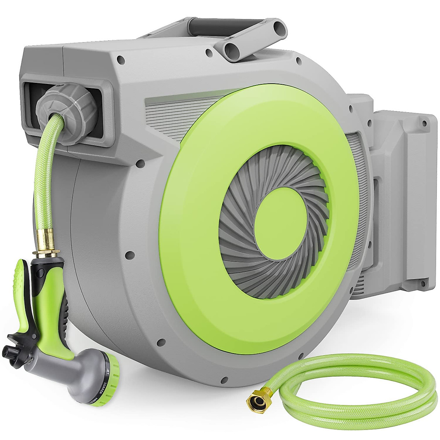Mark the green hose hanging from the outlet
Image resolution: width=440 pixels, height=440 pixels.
click(42, 176)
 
